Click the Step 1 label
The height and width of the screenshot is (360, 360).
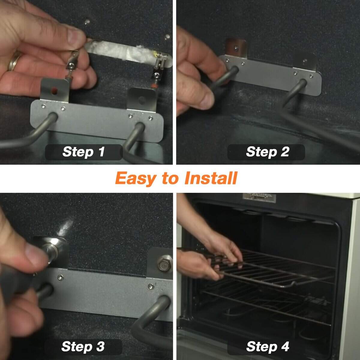(x=84, y=152)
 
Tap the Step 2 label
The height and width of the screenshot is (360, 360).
(x=267, y=152)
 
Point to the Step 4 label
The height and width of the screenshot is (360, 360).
(x=267, y=347)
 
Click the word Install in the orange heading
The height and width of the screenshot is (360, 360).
(x=211, y=178)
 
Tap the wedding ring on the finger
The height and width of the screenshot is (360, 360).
(x=14, y=61)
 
